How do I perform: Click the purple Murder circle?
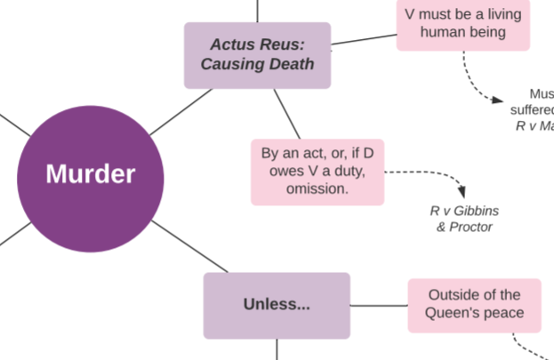click(91, 174)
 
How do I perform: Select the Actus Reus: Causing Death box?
click(257, 54)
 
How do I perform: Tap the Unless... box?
click(277, 305)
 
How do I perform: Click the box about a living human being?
click(462, 23)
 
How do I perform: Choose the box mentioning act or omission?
click(317, 171)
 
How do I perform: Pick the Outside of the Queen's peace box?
click(474, 304)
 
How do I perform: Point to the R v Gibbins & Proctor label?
click(464, 219)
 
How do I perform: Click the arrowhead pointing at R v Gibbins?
click(461, 192)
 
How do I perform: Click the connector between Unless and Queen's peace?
click(379, 305)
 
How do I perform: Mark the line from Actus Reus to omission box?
click(286, 113)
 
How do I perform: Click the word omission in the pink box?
click(317, 188)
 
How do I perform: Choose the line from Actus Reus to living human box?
click(363, 38)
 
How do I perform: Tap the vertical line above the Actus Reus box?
click(257, 11)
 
